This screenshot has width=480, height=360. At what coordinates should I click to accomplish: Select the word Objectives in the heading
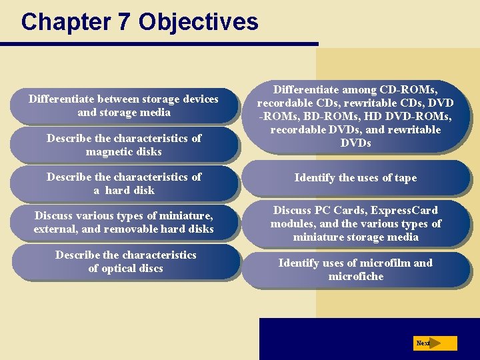[x=198, y=22]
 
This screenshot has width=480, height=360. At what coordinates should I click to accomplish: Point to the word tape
[x=406, y=177]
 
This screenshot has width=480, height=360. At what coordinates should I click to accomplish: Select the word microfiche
[x=356, y=276]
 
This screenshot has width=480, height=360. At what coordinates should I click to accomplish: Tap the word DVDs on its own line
[x=355, y=143]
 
